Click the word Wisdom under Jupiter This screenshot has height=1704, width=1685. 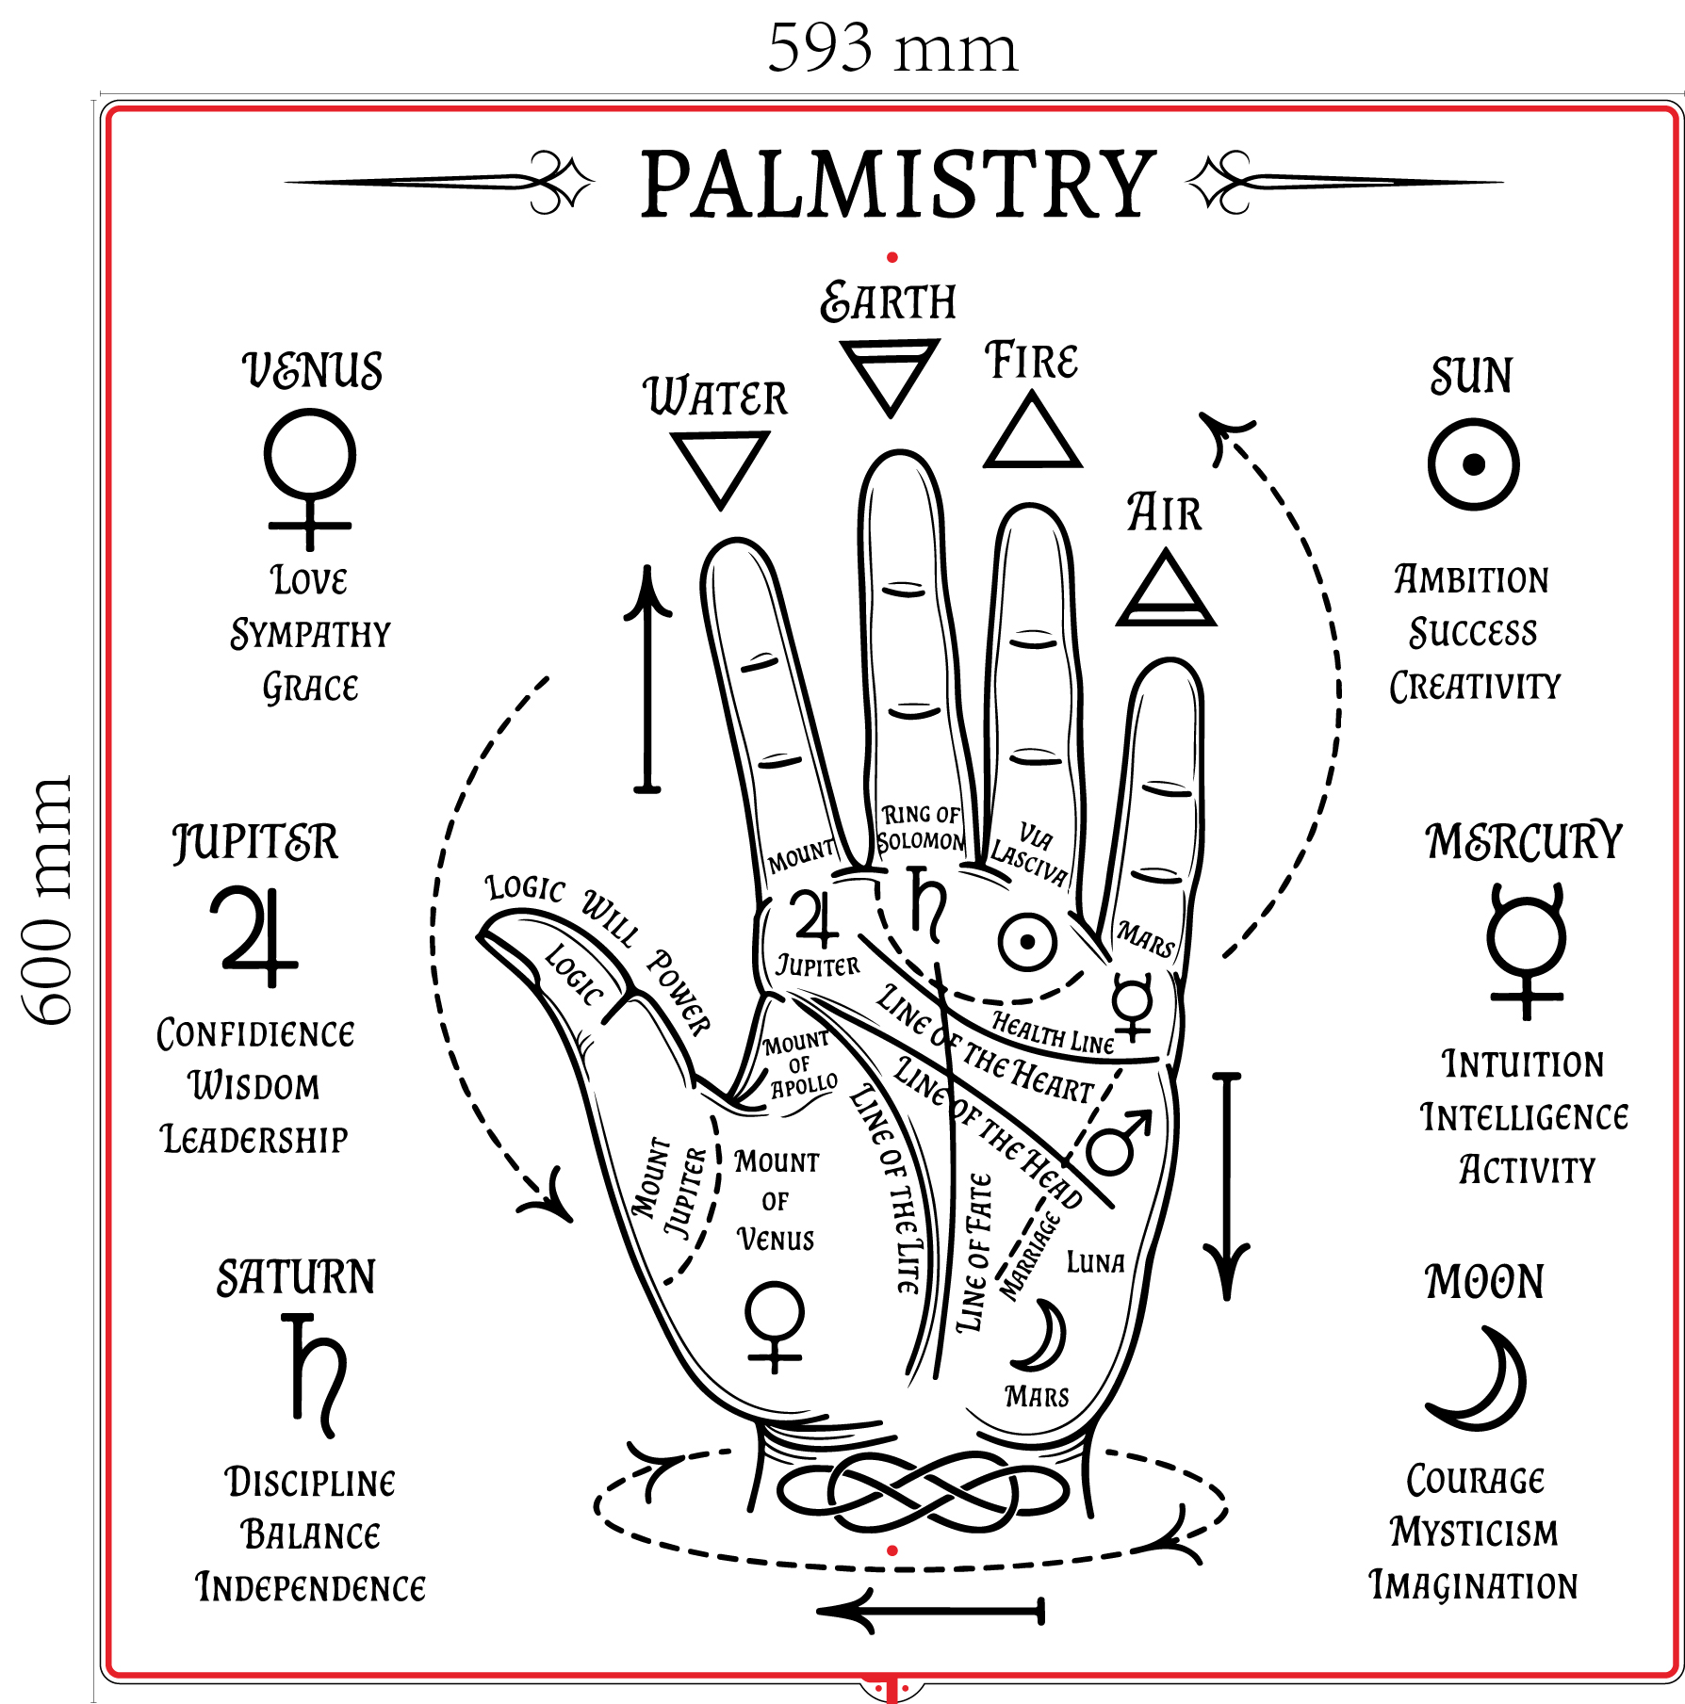point(254,1086)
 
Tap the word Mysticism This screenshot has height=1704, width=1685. point(1474,1533)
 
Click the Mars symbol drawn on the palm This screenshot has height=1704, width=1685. point(1119,1143)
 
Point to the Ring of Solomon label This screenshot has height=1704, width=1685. point(921,828)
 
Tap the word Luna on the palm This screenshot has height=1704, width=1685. point(1095,1262)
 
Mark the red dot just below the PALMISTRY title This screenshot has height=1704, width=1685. point(892,257)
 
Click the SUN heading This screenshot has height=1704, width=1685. point(1472,376)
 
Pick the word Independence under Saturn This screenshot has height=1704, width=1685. point(310,1588)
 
